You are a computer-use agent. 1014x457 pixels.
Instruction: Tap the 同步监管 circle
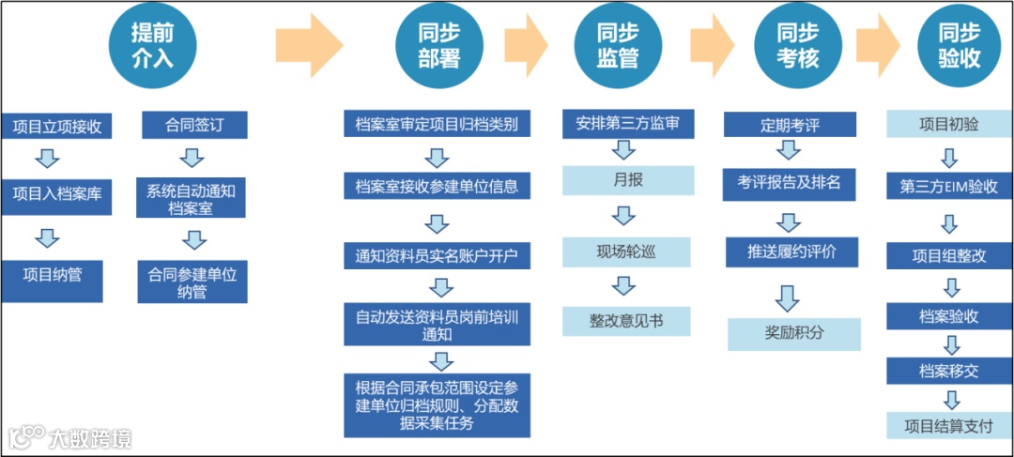click(x=617, y=46)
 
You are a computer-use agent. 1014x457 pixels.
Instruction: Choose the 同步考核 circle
click(x=797, y=46)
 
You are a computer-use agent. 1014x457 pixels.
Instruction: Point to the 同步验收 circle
click(x=959, y=46)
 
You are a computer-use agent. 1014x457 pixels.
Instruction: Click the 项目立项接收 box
click(x=57, y=126)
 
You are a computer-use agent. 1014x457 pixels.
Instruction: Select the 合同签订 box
click(x=193, y=125)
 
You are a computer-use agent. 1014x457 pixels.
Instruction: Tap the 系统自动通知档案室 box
click(x=192, y=200)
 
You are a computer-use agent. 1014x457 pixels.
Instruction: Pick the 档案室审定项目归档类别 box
click(x=438, y=125)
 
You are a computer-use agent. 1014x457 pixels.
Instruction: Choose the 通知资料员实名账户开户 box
click(x=438, y=254)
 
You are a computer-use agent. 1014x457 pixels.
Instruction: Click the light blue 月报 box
click(x=627, y=180)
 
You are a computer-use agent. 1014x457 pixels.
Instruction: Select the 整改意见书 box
click(x=626, y=321)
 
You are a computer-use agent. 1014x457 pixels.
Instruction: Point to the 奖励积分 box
click(x=794, y=333)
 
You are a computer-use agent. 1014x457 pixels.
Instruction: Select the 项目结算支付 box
click(x=948, y=425)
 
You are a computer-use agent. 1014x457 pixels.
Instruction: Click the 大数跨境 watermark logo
click(x=69, y=437)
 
